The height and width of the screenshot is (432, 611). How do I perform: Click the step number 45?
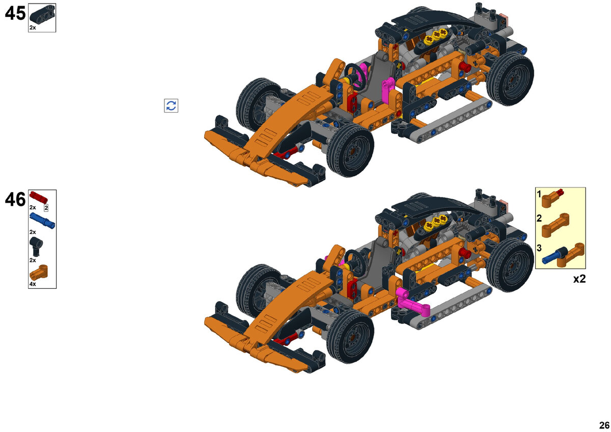15,13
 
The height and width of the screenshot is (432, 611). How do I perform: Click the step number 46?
15,199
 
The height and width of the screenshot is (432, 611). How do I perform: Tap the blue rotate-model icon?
171,105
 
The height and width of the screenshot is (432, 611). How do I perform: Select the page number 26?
604,425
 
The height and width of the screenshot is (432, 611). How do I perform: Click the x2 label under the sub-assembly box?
579,279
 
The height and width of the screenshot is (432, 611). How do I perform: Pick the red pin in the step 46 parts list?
39,197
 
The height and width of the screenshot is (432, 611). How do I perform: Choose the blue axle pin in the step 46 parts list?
42,221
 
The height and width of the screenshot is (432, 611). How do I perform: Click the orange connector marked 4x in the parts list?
39,273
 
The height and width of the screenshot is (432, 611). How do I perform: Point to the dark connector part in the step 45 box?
42,14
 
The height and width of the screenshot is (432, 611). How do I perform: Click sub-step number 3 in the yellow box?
539,248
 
